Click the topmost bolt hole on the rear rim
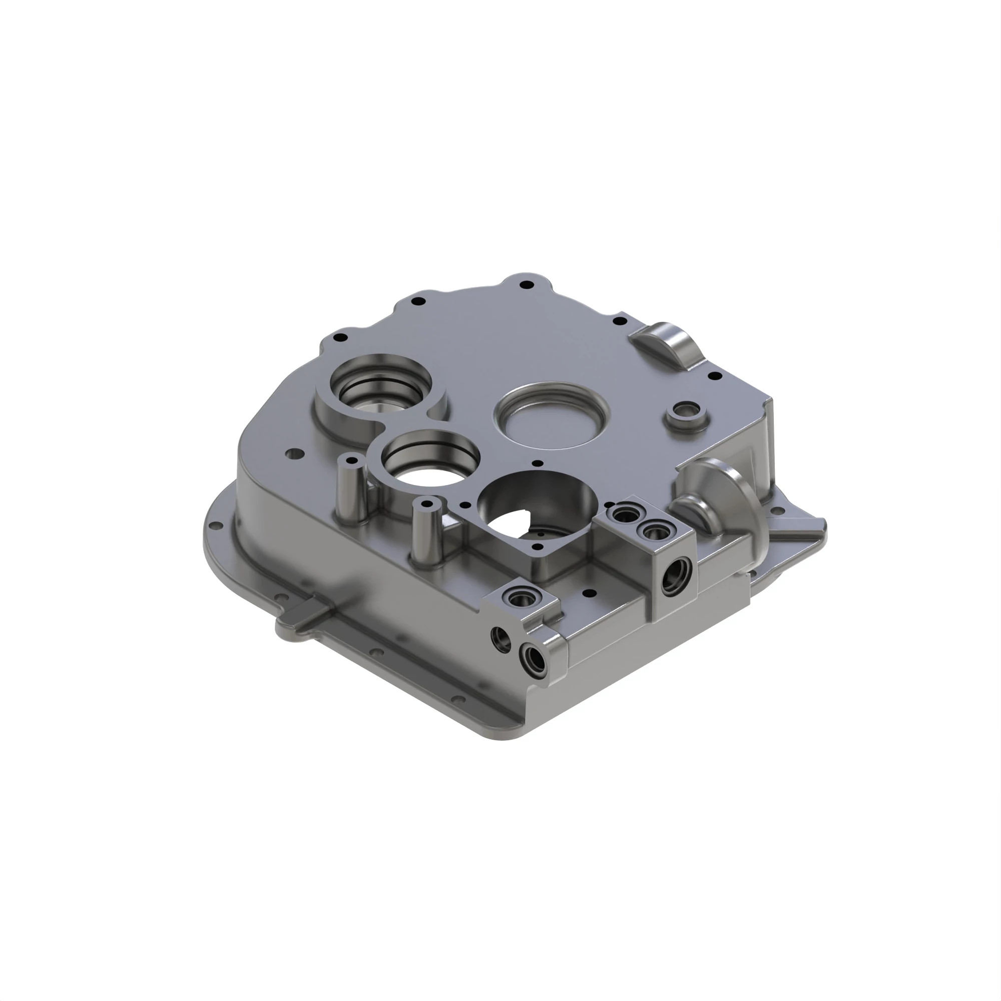528,284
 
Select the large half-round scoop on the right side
725,492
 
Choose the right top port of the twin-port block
652,530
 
